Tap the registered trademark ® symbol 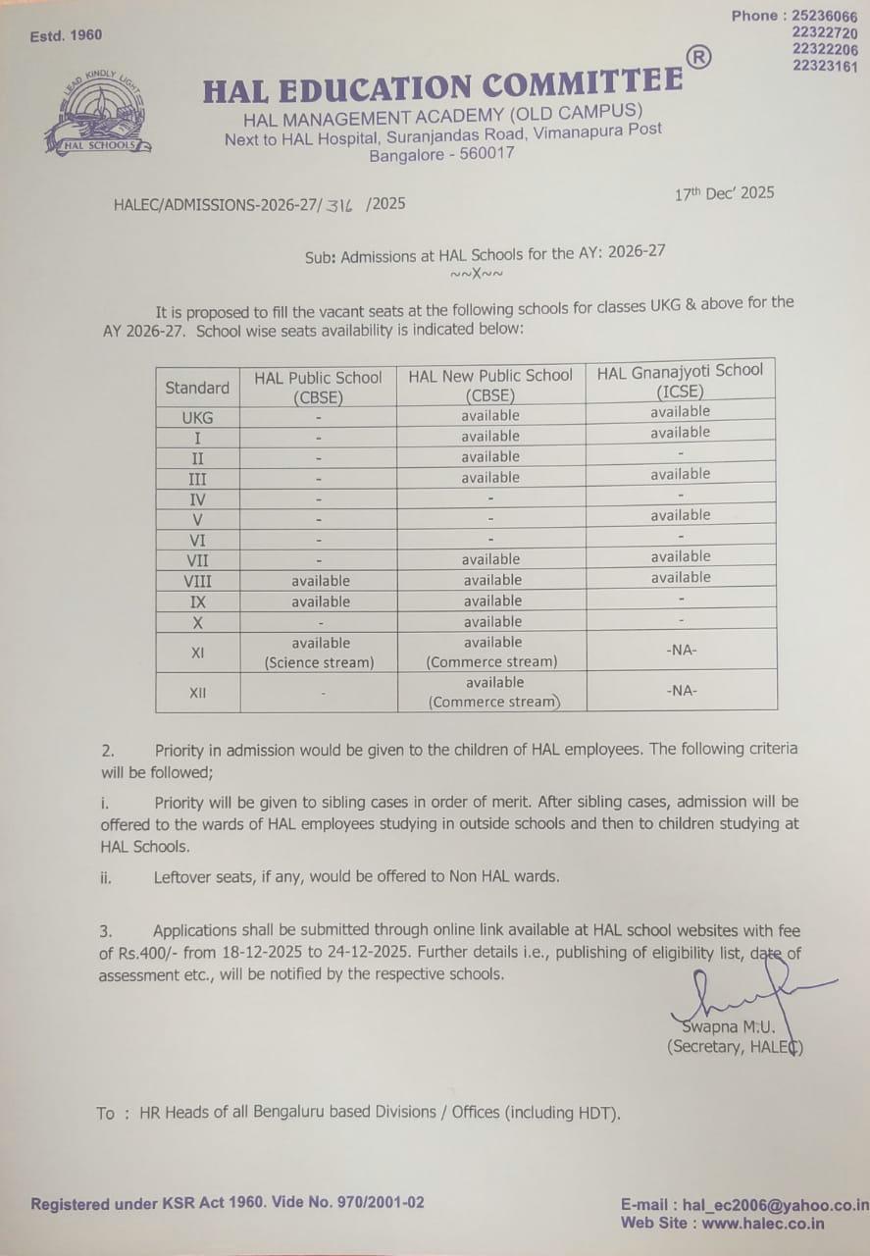click(x=698, y=58)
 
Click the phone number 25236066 click(x=823, y=16)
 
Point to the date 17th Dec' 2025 click(x=724, y=193)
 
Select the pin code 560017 click(x=483, y=154)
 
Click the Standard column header click(x=197, y=388)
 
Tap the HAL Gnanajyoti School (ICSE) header click(x=680, y=380)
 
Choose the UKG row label click(x=197, y=417)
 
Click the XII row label click(x=197, y=693)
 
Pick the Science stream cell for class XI click(x=319, y=653)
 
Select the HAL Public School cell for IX click(x=320, y=602)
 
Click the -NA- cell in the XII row click(x=681, y=691)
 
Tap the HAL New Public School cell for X click(x=492, y=622)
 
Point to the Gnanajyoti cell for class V click(x=680, y=515)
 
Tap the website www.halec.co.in click(x=762, y=1224)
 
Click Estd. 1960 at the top click(x=66, y=35)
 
